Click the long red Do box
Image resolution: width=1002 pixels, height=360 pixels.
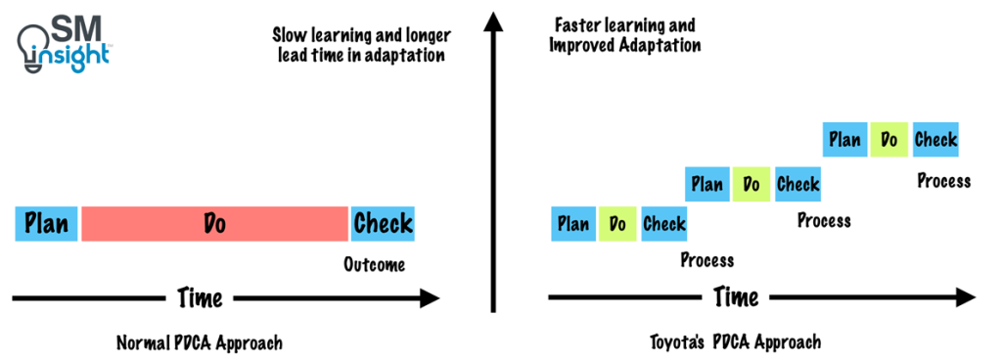(x=214, y=224)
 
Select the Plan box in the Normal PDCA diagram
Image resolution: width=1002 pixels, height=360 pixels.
(x=47, y=224)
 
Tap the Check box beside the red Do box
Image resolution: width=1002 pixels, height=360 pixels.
(x=383, y=224)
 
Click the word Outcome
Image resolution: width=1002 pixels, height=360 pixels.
(x=374, y=264)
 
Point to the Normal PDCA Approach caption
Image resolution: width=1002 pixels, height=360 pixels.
(x=200, y=343)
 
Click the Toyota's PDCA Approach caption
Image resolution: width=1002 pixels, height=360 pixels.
(x=735, y=342)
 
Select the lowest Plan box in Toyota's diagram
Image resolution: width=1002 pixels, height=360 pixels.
(x=573, y=224)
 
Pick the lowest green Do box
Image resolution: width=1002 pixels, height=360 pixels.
(x=617, y=224)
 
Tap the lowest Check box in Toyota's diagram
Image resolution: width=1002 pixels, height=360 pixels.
(x=664, y=224)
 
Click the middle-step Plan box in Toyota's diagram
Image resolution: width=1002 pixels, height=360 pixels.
(x=707, y=183)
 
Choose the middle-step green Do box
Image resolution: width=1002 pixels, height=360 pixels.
(x=751, y=183)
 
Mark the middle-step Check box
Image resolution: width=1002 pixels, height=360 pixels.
(x=797, y=183)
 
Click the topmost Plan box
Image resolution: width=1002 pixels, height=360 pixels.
(x=844, y=140)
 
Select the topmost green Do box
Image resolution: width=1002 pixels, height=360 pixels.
(x=889, y=140)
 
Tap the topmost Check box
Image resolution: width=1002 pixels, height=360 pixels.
(x=935, y=140)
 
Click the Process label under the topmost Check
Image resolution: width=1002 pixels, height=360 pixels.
(x=943, y=180)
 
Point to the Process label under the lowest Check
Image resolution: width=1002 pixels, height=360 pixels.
(x=706, y=260)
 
